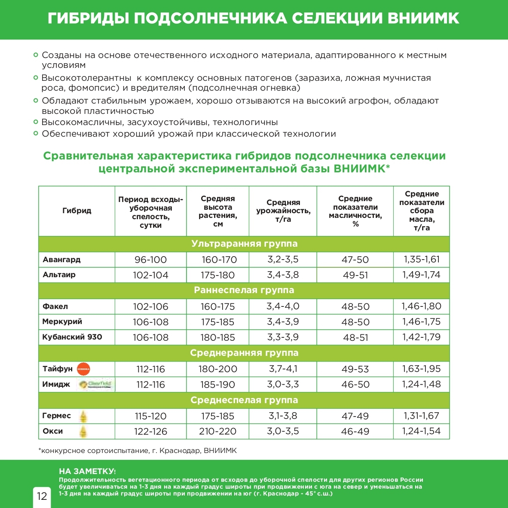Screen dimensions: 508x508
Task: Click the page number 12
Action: coord(42,496)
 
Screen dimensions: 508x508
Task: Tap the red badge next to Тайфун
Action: coord(83,369)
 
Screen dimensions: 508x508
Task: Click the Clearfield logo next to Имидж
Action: coord(95,384)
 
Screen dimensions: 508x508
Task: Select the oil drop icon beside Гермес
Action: coord(83,416)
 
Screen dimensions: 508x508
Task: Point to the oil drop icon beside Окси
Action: coord(83,431)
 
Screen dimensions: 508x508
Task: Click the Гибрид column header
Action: coord(77,211)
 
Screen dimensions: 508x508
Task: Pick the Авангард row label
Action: coord(61,260)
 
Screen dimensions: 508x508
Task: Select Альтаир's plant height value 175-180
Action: coord(217,275)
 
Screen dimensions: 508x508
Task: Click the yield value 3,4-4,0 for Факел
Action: coord(283,306)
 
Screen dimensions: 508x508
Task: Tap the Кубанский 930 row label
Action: coord(72,337)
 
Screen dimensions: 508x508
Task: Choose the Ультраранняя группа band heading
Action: coord(244,244)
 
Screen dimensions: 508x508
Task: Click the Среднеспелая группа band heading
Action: coord(244,400)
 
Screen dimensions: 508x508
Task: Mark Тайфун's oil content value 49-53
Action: coord(355,369)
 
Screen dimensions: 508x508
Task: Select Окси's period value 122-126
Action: coord(150,431)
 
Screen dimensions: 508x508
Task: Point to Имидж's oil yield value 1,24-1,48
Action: coord(421,384)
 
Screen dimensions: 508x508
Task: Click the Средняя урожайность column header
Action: coord(283,211)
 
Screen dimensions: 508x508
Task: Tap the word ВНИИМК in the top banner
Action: coord(423,18)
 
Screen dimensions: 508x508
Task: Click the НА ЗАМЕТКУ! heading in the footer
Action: coord(87,471)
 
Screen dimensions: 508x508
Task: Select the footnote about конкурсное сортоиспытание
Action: coord(138,451)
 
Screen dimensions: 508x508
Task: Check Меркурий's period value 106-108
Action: coord(150,322)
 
